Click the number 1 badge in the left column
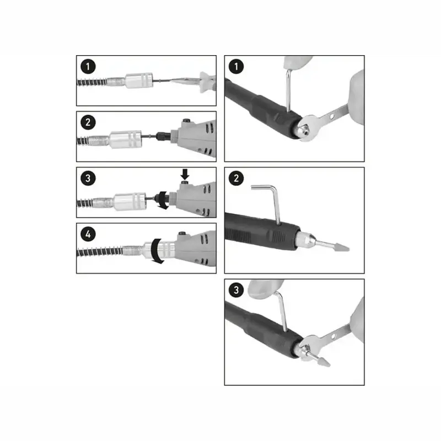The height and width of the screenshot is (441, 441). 88,67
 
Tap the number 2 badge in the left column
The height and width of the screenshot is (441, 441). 88,122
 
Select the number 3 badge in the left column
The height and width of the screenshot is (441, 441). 88,178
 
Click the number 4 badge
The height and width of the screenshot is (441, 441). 88,234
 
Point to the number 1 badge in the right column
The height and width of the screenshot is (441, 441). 236,67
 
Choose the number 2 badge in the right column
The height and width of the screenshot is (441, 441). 236,178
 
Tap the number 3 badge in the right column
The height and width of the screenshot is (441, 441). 236,290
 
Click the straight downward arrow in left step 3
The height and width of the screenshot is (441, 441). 185,174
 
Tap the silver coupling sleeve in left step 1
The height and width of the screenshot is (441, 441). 139,80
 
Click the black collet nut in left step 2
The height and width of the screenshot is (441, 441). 163,136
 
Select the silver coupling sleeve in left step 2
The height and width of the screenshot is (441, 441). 126,139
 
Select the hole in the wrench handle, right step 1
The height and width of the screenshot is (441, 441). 332,116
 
